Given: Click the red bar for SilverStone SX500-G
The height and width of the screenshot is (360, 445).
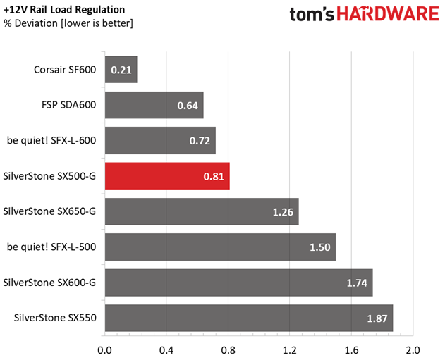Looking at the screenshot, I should pos(167,175).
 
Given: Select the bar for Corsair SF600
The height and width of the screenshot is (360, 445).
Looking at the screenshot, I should pos(121,70).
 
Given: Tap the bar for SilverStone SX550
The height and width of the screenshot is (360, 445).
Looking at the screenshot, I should pos(248,318).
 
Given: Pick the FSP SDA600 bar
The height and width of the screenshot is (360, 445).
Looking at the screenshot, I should pos(154,105).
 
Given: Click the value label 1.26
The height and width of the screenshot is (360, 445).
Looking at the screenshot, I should pos(283,211).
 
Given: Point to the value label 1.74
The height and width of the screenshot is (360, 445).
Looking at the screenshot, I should pos(356,283).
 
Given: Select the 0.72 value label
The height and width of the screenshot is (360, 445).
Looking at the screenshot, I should pos(199,141).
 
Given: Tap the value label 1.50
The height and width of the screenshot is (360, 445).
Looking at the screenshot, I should pos(319,247).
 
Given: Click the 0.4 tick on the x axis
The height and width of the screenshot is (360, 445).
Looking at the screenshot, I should pos(166,349).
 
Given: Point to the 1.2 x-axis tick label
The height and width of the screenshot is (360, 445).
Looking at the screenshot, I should pos(289,349).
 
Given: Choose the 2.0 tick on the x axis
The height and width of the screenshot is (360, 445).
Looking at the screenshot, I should pos(413,349).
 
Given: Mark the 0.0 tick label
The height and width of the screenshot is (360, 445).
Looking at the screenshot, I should pos(105,349).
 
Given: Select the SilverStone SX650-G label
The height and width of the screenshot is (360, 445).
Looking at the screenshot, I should pos(49,211).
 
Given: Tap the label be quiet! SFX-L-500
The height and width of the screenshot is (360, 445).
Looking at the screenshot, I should pos(51,247).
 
